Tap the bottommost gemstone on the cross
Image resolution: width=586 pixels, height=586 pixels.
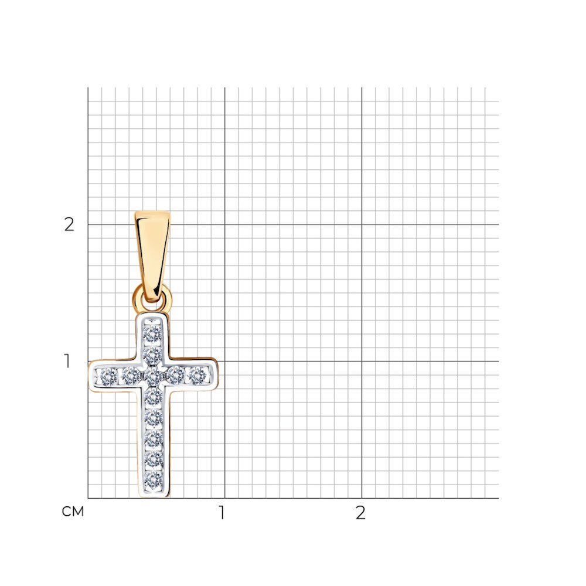pyautogui.click(x=154, y=481)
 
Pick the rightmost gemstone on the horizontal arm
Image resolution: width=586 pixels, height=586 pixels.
pyautogui.click(x=198, y=376)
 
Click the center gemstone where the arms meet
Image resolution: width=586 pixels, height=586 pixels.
pyautogui.click(x=154, y=376)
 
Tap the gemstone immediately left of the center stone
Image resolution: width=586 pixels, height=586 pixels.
pyautogui.click(x=131, y=376)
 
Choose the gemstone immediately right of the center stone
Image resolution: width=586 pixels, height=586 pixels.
pyautogui.click(x=176, y=375)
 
